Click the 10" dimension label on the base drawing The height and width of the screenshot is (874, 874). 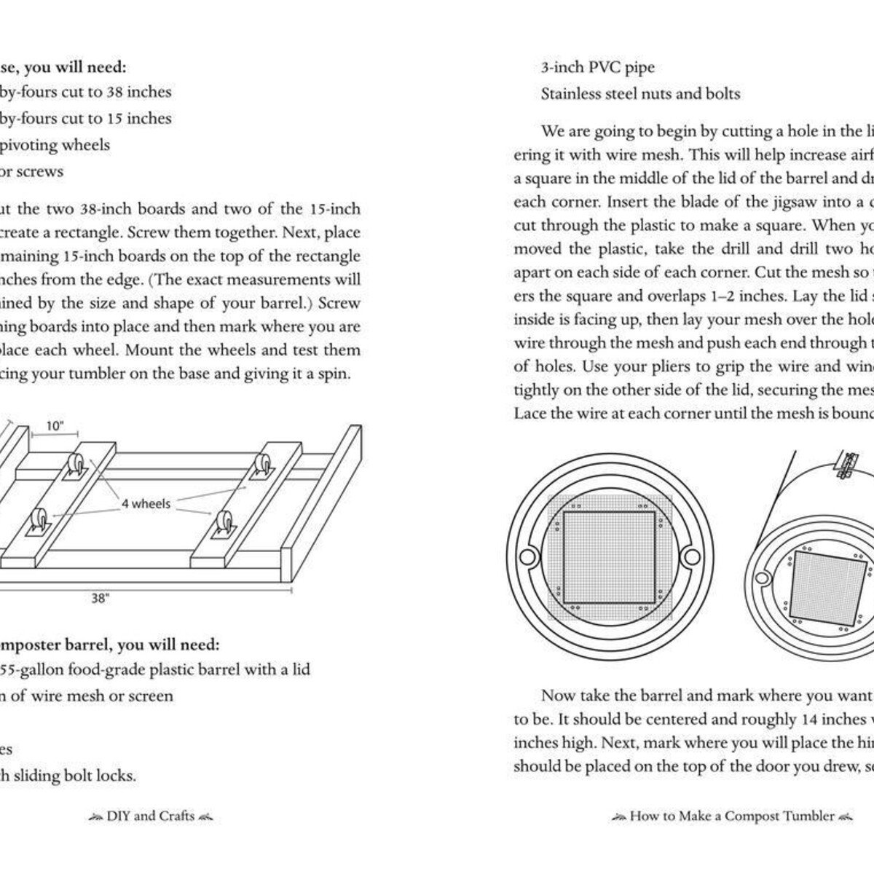[55, 427]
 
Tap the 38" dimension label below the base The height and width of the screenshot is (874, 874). [100, 599]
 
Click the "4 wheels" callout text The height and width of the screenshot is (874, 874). [146, 503]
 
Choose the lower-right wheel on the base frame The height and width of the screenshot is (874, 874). [221, 526]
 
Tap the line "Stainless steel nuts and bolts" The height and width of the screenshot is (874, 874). [640, 94]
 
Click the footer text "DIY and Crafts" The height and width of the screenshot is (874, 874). [151, 816]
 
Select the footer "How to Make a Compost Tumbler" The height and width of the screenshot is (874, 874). [732, 816]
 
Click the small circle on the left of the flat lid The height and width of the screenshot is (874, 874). [527, 556]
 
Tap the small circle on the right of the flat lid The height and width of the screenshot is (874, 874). [689, 556]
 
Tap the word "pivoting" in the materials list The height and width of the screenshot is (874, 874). [28, 145]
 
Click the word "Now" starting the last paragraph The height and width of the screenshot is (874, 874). [558, 696]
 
